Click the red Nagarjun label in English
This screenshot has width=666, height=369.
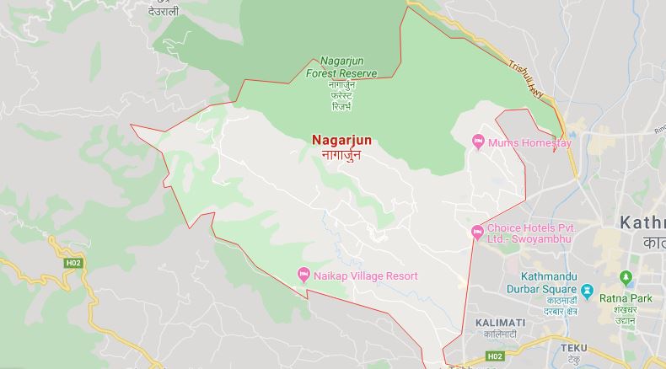(341, 141)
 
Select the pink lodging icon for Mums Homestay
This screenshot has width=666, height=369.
(478, 142)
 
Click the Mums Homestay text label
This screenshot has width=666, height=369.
(529, 143)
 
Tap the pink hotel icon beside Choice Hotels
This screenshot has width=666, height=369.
(477, 230)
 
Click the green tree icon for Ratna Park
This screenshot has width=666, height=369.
(625, 277)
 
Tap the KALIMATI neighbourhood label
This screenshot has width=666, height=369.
(500, 323)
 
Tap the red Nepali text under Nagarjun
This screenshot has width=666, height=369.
(341, 155)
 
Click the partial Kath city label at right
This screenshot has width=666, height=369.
(642, 222)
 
